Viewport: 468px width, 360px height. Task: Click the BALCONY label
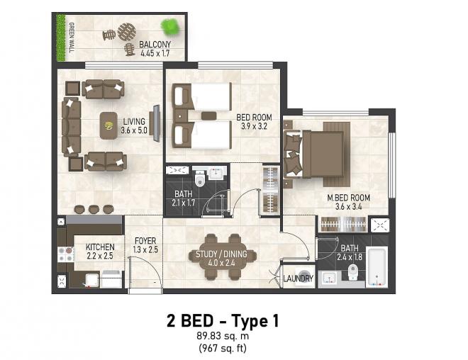[x=155, y=45]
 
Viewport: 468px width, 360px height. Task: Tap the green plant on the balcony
[x=170, y=26]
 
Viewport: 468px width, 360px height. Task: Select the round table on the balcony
[x=126, y=32]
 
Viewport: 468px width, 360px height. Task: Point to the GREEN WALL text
[x=72, y=38]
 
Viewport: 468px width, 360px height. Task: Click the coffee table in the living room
[x=108, y=125]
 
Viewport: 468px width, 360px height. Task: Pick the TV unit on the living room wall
[x=157, y=123]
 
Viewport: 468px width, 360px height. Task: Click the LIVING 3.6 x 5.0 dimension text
[x=134, y=126]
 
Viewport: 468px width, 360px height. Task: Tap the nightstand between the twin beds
[x=209, y=116]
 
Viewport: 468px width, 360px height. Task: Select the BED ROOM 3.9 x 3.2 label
[x=254, y=122]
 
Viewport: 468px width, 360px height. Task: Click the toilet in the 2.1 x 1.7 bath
[x=199, y=179]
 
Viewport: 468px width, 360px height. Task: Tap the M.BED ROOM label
[x=348, y=198]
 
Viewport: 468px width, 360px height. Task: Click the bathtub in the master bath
[x=377, y=267]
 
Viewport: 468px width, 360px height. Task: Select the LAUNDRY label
[x=298, y=279]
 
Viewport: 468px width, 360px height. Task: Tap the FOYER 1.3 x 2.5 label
[x=145, y=245]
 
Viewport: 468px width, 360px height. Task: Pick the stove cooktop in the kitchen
[x=66, y=254]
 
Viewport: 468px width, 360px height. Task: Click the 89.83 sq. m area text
[x=223, y=336]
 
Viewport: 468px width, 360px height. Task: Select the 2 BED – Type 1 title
[x=223, y=321]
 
